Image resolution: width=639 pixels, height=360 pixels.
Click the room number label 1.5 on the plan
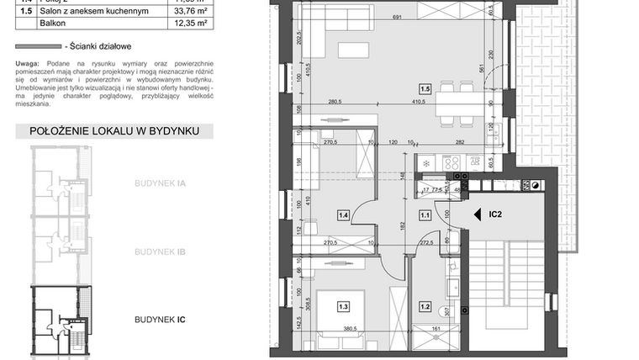pos(425,87)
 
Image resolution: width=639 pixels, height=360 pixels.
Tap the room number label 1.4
pos(343,214)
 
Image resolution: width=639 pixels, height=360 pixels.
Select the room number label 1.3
pos(343,307)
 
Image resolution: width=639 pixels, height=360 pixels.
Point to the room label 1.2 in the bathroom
pos(425,307)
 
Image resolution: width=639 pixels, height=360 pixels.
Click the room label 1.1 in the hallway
pos(425,214)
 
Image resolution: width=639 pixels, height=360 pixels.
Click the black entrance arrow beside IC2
pos(476,214)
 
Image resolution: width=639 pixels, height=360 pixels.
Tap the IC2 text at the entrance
pos(497,214)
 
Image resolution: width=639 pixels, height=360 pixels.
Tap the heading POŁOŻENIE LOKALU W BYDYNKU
pos(114,131)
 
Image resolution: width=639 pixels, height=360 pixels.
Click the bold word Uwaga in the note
pos(27,64)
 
